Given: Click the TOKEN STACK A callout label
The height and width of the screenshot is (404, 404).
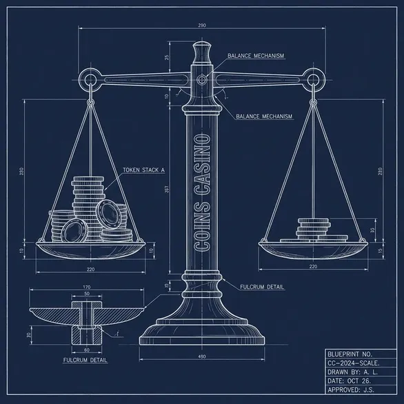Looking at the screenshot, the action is [x=143, y=170].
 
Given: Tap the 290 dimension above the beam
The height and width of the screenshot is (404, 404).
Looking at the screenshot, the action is [x=202, y=26].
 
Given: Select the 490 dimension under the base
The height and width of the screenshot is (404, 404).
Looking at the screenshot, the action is [x=202, y=356].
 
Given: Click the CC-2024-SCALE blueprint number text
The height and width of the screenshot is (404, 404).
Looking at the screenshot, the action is [x=354, y=363].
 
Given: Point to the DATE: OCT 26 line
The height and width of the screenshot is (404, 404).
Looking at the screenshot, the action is [x=349, y=381].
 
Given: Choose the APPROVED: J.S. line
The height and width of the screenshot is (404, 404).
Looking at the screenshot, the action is [x=351, y=390].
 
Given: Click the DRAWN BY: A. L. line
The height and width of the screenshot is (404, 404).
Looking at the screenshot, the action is [x=352, y=372].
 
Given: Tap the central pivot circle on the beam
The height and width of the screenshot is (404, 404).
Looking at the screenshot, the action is [x=202, y=79].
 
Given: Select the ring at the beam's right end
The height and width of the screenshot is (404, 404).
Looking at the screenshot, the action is [x=313, y=79].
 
